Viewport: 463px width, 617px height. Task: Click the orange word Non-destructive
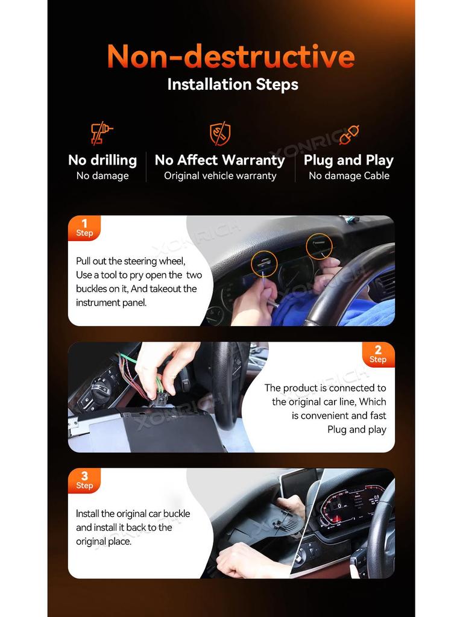pos(231,56)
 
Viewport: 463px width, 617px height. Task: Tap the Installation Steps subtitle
pos(233,84)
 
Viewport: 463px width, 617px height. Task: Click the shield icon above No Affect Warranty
pos(220,133)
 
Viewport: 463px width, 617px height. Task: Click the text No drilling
pos(102,160)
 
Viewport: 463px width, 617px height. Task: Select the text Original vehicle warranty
pos(220,176)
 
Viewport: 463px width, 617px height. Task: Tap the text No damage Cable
pos(349,176)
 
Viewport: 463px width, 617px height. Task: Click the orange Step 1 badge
pos(84,228)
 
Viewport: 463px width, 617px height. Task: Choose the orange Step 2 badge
pos(378,354)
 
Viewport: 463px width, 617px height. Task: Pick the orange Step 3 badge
pos(84,480)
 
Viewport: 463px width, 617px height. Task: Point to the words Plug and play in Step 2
pos(357,429)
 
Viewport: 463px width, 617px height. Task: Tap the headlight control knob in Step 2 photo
pos(99,387)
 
